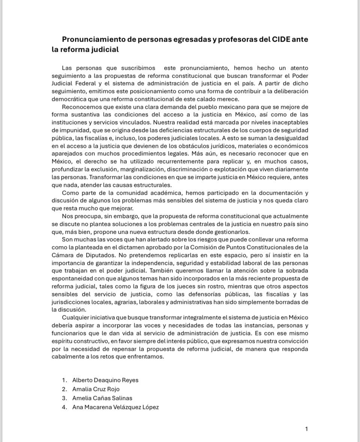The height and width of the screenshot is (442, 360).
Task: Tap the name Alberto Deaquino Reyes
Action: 105,380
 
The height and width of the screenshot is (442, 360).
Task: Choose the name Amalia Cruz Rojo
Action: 96,389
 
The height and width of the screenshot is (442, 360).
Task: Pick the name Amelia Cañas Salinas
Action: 102,398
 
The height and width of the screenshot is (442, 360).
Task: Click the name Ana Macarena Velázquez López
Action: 115,407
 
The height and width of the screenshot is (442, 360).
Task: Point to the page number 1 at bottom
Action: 306,429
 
